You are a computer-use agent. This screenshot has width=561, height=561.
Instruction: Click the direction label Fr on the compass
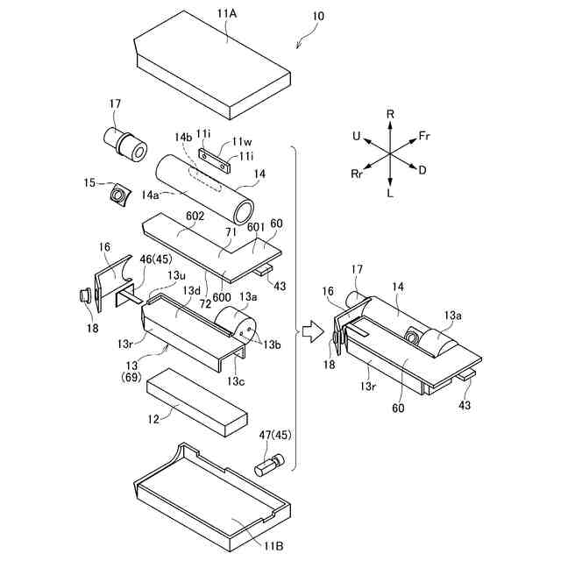point(425,136)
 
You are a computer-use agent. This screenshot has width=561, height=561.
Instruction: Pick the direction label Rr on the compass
point(357,174)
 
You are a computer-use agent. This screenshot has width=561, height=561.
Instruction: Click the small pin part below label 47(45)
point(268,465)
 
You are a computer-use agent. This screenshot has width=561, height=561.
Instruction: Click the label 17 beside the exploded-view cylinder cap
point(115,106)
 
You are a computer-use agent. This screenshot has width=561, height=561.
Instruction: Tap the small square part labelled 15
point(118,192)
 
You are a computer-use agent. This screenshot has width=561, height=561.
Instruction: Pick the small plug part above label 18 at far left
point(85,296)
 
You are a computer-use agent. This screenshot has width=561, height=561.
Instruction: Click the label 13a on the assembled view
point(452,313)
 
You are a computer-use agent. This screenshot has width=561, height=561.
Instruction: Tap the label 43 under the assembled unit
point(464,406)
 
